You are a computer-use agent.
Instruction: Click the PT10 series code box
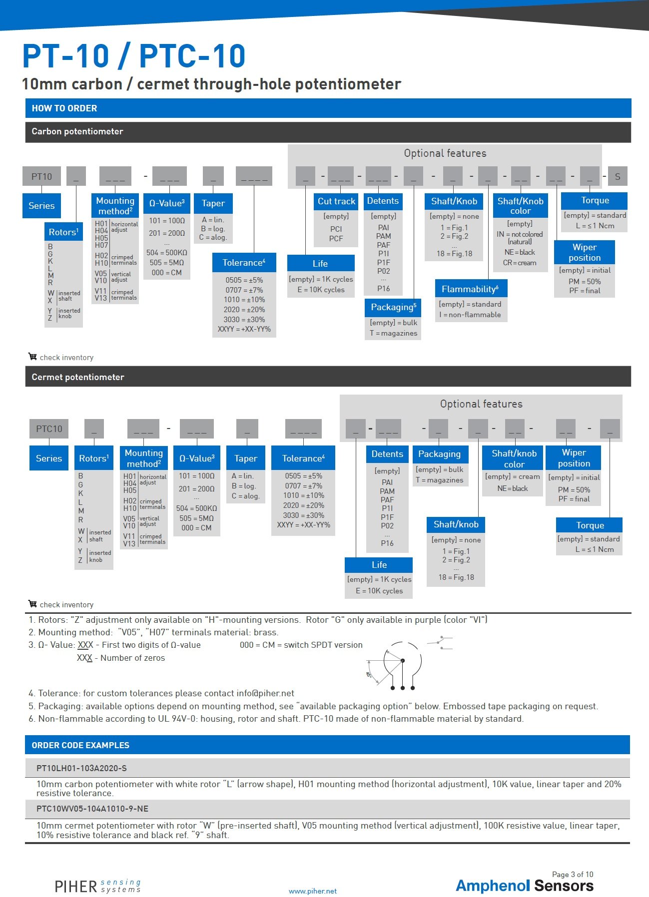coord(41,176)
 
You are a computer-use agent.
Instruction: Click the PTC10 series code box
coord(49,429)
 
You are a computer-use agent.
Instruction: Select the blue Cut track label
coord(336,201)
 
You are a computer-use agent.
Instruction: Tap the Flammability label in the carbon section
coord(470,289)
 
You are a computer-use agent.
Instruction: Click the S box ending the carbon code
coord(618,176)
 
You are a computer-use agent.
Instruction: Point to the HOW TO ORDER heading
coord(64,108)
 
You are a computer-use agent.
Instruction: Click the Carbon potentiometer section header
coord(77,131)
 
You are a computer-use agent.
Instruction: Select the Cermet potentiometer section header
coord(78,377)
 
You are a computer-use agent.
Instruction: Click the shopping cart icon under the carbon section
coord(32,357)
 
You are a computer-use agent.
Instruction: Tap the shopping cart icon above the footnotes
coord(32,604)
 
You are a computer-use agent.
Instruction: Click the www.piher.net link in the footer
coord(313,891)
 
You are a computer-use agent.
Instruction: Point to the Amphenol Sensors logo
coord(525,886)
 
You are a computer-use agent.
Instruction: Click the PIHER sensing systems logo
coord(98,886)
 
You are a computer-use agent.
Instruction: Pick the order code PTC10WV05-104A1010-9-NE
coord(92,809)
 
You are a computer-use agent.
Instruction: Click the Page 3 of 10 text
coord(573,875)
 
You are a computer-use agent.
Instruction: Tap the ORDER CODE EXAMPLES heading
coord(80,745)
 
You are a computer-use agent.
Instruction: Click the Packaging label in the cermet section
coord(439,454)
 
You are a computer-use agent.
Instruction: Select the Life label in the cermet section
coord(379,565)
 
